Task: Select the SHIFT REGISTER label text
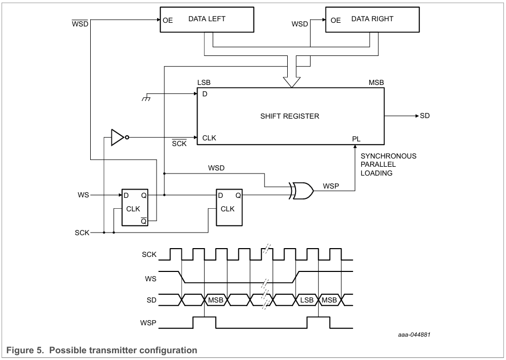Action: tap(290, 116)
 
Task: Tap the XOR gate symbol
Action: tap(301, 191)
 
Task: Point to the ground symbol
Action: tap(146, 98)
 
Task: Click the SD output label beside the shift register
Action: tap(425, 116)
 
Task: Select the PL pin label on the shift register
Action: tap(356, 139)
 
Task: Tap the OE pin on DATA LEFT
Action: tap(168, 20)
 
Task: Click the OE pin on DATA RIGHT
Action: tap(335, 20)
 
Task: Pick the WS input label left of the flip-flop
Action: tap(83, 195)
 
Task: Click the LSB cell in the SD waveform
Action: tap(307, 300)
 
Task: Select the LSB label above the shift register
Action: tap(204, 82)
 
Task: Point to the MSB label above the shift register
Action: tap(376, 82)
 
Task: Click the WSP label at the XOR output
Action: tap(331, 186)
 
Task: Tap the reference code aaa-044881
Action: tap(414, 335)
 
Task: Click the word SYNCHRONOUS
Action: tap(388, 156)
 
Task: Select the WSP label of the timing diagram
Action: tap(148, 323)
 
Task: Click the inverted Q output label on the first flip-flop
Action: tap(144, 221)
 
